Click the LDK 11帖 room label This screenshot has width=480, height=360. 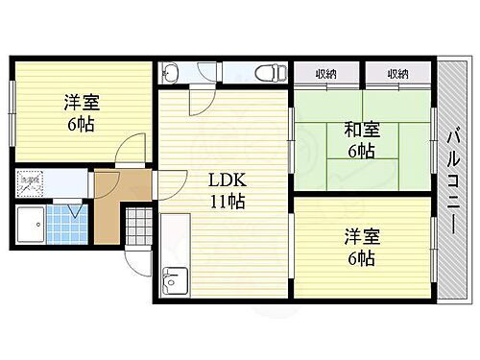point(227,190)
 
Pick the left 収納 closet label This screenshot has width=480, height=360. point(325,73)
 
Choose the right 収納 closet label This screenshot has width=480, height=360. point(397,73)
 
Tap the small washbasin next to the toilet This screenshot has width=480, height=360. point(170,71)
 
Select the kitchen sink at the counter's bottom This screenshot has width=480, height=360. point(173,281)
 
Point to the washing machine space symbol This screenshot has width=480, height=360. point(30,181)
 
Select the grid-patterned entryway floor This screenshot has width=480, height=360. point(138,227)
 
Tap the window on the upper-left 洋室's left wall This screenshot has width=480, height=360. point(12,107)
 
